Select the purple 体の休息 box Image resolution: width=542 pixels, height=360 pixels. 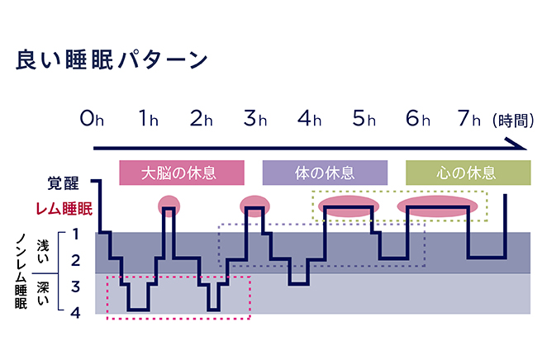(x=325, y=173)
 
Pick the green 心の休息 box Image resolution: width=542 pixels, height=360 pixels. (x=466, y=173)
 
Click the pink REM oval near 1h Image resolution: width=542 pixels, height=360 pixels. (x=169, y=202)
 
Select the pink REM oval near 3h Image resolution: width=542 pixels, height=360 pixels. (x=254, y=202)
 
